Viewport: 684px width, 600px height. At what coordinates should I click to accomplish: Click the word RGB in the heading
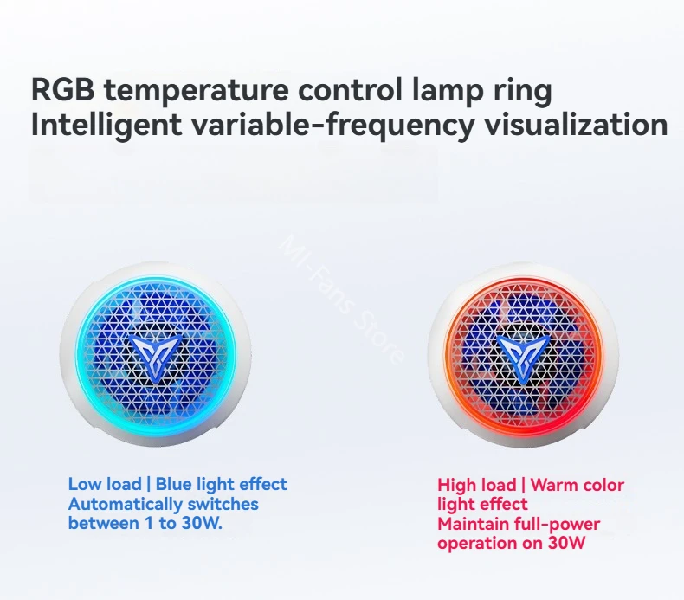(x=63, y=89)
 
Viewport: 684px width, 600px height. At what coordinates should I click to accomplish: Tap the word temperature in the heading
(x=197, y=90)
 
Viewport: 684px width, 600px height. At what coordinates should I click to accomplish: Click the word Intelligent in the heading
(x=106, y=126)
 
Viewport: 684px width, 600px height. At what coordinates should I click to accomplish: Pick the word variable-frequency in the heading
(x=333, y=126)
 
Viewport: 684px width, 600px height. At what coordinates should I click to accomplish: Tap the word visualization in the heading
(x=576, y=125)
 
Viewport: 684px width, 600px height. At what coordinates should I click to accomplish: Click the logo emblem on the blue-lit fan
(x=156, y=354)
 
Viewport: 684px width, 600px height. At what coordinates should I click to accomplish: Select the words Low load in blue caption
(x=105, y=484)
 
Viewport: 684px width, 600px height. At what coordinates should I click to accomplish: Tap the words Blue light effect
(x=221, y=484)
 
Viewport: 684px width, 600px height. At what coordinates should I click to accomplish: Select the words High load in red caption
(x=477, y=485)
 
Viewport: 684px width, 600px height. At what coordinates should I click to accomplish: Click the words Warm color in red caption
(x=578, y=485)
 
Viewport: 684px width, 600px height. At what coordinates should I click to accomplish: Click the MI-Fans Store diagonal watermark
(x=340, y=300)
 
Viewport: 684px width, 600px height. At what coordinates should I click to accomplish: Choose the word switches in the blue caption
(x=223, y=504)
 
